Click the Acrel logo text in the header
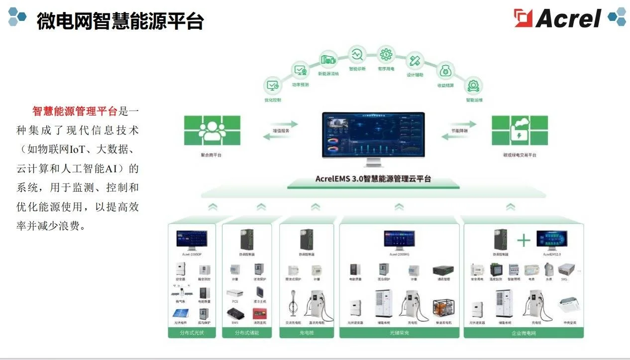(x=568, y=18)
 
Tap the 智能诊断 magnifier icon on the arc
(x=357, y=54)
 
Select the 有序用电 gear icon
(x=386, y=54)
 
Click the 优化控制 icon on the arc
(x=273, y=85)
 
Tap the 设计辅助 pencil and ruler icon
(x=415, y=61)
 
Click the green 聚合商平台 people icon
(x=212, y=130)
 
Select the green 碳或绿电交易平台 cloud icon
(x=520, y=130)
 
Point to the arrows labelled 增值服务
(x=280, y=130)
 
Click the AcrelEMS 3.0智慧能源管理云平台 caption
(x=373, y=179)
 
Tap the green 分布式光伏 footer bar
(x=192, y=333)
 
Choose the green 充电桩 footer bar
(x=306, y=333)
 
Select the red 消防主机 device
(x=259, y=314)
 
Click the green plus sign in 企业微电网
(x=524, y=240)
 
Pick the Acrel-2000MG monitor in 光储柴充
(x=399, y=239)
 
